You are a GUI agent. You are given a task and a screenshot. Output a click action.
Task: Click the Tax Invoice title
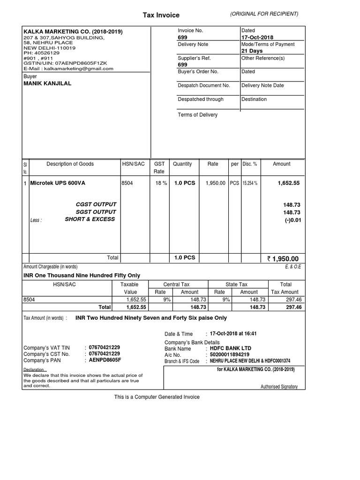(x=161, y=15)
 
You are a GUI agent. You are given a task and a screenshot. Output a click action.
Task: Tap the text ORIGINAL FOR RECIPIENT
(x=264, y=14)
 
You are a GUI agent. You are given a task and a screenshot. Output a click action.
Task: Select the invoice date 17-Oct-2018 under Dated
(x=257, y=37)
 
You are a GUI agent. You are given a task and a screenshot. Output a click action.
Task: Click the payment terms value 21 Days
(x=252, y=51)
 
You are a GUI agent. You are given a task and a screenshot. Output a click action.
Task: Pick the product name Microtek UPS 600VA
(x=58, y=183)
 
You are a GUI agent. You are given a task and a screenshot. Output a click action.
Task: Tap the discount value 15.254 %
(x=249, y=183)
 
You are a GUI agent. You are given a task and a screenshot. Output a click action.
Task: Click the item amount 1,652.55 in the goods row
(x=288, y=183)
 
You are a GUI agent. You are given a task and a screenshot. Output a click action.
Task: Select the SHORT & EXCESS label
(x=90, y=219)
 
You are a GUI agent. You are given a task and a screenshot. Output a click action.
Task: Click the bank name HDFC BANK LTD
(x=230, y=348)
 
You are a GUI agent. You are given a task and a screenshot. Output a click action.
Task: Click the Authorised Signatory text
(x=278, y=387)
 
